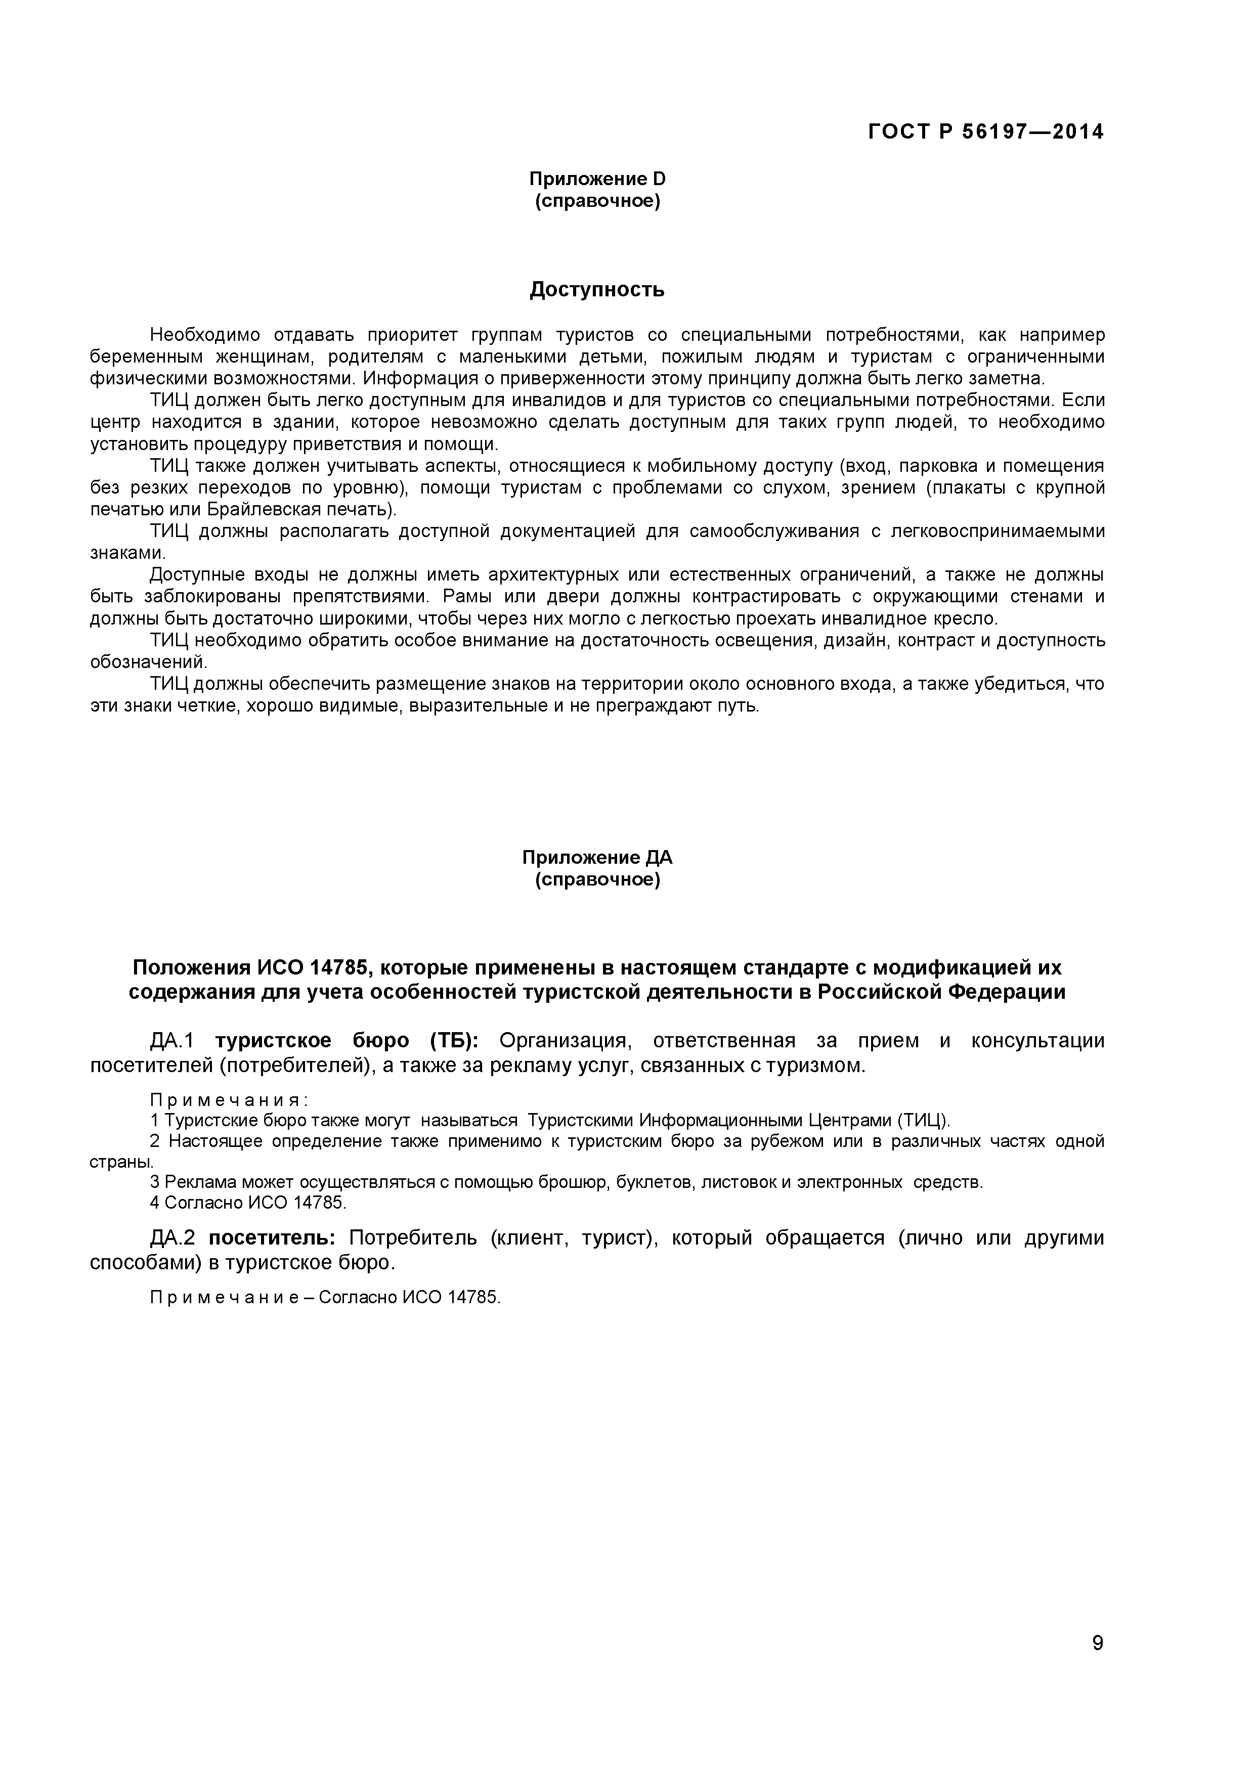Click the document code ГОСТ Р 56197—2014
point(985,132)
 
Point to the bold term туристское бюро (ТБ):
point(347,1041)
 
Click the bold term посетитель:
point(273,1238)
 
